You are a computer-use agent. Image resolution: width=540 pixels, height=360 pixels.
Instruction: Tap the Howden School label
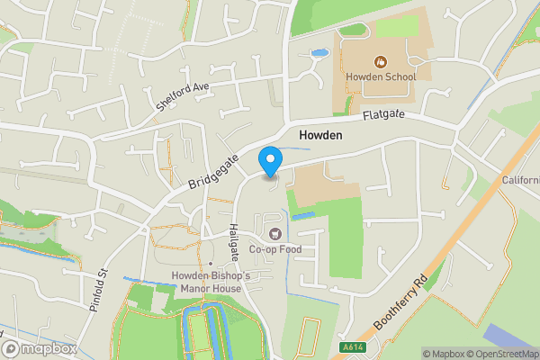(x=381, y=76)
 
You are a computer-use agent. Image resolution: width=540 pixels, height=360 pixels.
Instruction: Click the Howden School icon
(x=381, y=61)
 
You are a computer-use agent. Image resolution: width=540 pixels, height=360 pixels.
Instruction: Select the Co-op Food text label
(x=274, y=249)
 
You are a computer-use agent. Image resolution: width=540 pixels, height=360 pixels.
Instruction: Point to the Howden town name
(x=321, y=135)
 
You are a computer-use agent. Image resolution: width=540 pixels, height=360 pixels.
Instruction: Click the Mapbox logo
(x=39, y=348)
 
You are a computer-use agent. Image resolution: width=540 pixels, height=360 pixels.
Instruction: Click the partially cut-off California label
(x=521, y=180)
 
